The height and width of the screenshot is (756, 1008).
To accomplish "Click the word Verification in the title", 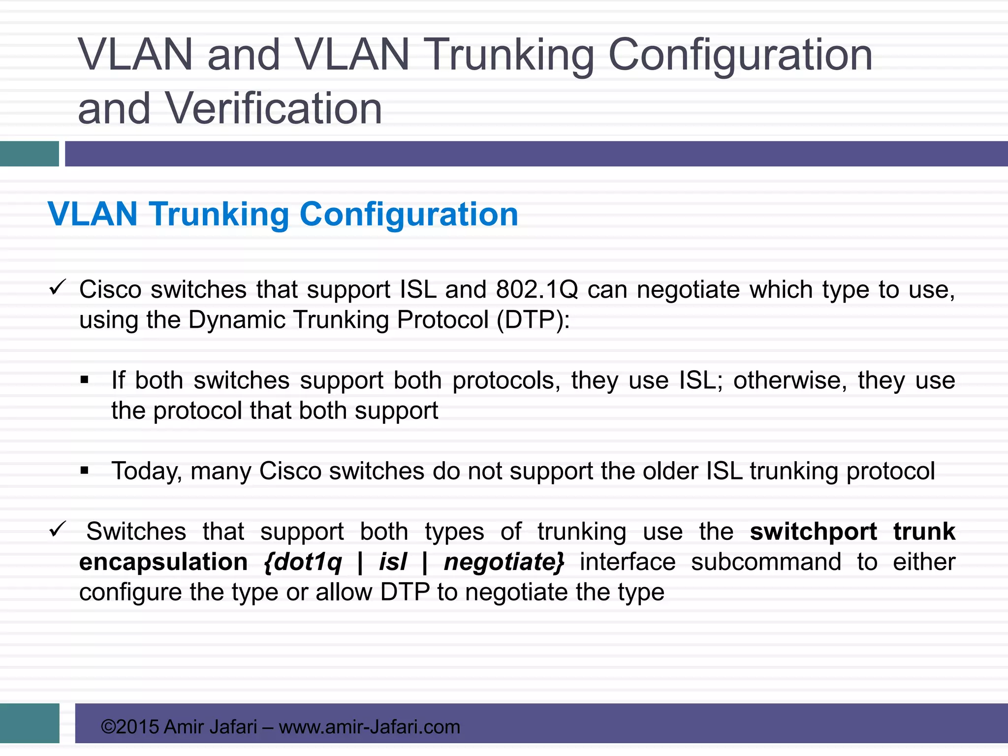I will (x=274, y=108).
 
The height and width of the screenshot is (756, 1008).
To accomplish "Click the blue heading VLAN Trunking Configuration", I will (x=283, y=214).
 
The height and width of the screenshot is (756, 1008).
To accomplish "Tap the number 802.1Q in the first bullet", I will (x=537, y=289).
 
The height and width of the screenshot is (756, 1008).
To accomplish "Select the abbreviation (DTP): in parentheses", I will (x=533, y=320).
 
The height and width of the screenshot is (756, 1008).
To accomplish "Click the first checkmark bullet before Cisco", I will (x=58, y=287).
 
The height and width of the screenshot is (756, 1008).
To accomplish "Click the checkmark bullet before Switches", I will (x=58, y=530).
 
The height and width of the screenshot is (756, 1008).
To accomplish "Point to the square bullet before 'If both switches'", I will (x=85, y=380).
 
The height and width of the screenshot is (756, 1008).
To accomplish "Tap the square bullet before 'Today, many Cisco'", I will (x=85, y=471).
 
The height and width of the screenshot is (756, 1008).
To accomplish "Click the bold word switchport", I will (x=813, y=532).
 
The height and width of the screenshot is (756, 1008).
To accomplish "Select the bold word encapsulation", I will (x=163, y=562).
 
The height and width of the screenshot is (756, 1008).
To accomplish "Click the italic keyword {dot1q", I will (x=303, y=562).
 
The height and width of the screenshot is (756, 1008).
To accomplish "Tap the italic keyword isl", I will (x=393, y=562).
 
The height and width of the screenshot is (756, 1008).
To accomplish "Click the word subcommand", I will (x=766, y=562).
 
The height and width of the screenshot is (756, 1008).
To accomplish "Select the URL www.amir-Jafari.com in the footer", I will (x=369, y=727).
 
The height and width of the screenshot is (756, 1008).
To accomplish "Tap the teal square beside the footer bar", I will (x=30, y=723).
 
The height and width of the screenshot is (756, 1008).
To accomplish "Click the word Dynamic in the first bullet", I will (x=237, y=320).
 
